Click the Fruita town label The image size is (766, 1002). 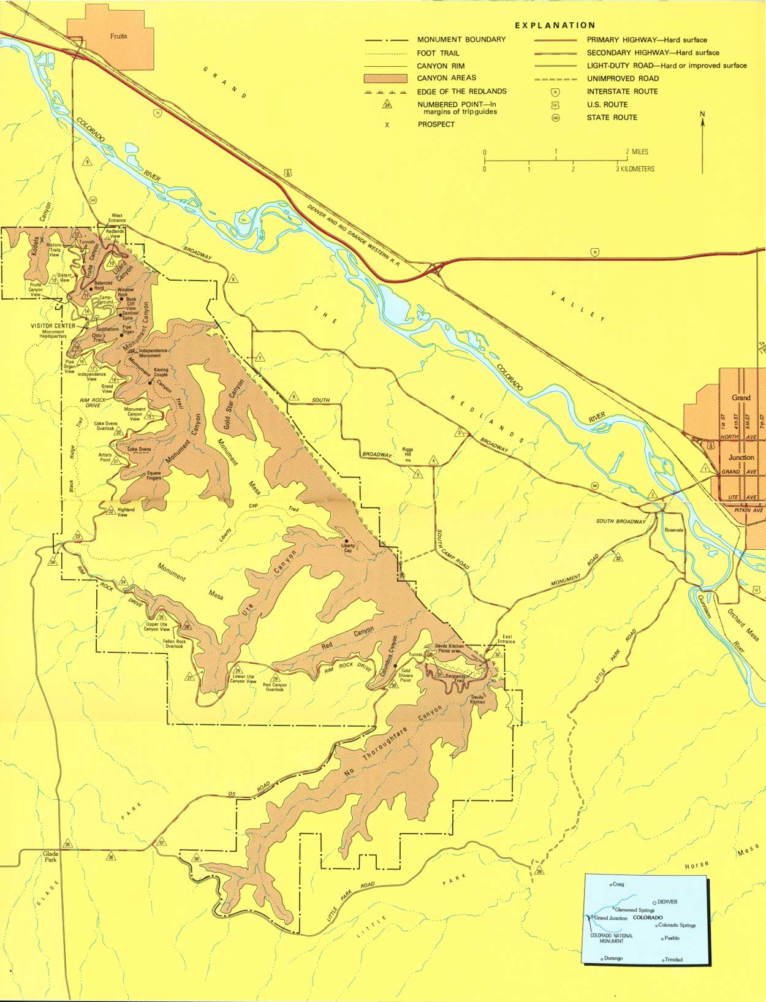point(118,36)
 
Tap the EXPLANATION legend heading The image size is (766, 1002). point(555,25)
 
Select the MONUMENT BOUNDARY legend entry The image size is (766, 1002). point(461,39)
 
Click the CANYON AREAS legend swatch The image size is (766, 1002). point(385,78)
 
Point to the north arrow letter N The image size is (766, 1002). point(702,114)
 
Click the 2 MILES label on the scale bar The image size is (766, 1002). point(637,151)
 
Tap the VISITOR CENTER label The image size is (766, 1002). point(53,326)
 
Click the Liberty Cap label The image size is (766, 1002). point(348,547)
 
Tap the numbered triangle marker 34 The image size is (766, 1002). point(53,563)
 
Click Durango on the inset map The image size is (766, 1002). point(613,958)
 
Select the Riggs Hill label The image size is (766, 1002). point(408,452)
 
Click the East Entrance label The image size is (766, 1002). point(507,639)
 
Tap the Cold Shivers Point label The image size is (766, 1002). point(405,675)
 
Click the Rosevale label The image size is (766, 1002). point(673,530)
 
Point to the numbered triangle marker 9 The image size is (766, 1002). point(88,162)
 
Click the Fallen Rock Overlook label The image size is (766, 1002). point(173,643)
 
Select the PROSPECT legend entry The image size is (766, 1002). point(436,124)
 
